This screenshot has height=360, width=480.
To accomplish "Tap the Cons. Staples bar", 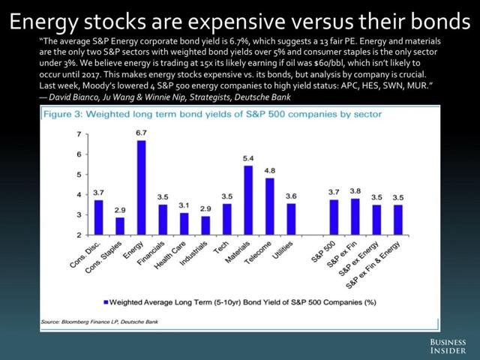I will pyautogui.click(x=120, y=226).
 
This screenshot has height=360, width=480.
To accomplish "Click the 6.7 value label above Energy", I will pyautogui.click(x=141, y=133).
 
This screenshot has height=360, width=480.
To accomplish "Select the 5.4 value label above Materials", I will pyautogui.click(x=248, y=159).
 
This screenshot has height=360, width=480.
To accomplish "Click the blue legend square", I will pyautogui.click(x=104, y=304).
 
